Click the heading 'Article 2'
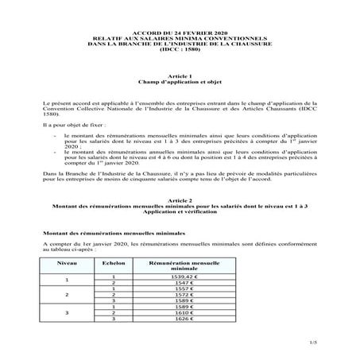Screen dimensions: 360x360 coord(180,201)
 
